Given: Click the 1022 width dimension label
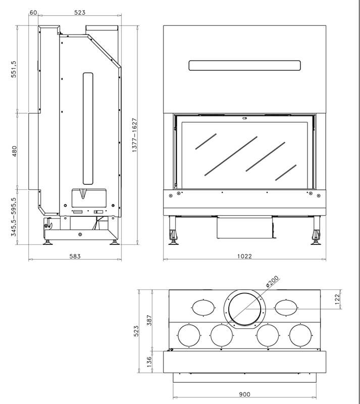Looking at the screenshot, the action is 244,256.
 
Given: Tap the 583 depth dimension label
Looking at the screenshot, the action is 75,256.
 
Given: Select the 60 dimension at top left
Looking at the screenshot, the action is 33,12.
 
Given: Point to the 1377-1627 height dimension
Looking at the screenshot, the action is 134,135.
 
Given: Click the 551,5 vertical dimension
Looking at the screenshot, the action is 14,69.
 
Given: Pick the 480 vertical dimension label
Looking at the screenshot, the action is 14,151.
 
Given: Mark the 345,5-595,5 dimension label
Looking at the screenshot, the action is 14,217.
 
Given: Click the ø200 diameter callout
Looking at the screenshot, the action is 272,281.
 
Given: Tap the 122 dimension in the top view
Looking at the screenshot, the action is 338,299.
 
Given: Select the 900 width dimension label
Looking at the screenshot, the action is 244,394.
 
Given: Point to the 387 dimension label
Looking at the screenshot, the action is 149,320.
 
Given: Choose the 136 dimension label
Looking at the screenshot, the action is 149,362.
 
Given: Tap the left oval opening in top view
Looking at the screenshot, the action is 203,308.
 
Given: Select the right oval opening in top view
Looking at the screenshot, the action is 286,308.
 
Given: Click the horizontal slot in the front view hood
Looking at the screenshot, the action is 244,66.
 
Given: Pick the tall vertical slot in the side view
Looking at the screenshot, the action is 88,129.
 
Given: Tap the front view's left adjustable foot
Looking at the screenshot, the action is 173,230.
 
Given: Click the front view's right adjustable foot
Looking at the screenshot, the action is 316,230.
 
